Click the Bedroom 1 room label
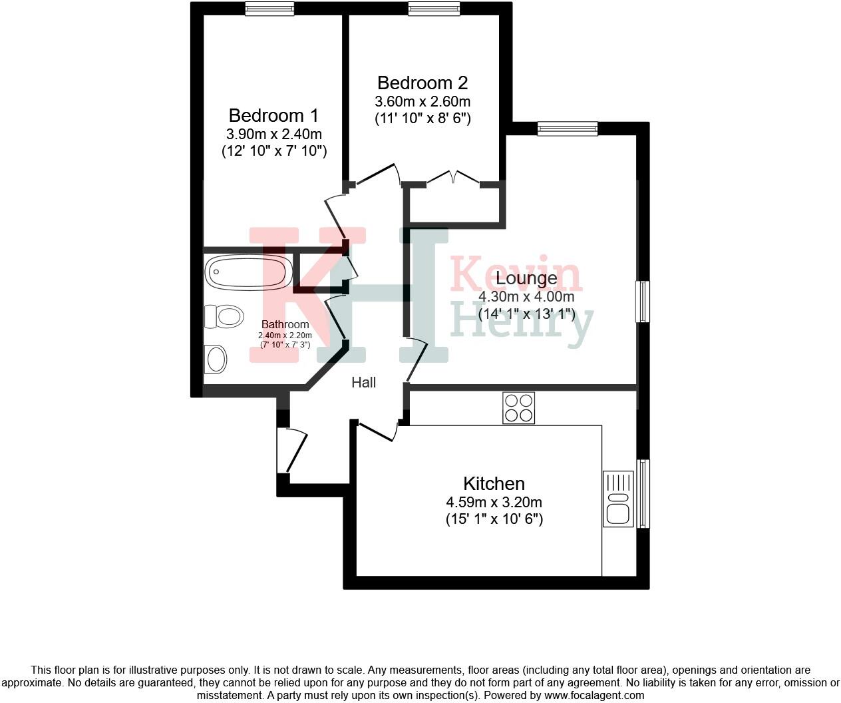[x=273, y=115]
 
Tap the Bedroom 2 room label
[x=422, y=83]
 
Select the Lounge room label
[x=526, y=278]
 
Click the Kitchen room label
[x=494, y=483]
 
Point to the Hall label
[x=363, y=382]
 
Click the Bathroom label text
[x=285, y=325]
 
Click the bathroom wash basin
[x=216, y=359]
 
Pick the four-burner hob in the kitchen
[x=518, y=408]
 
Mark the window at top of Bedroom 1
[x=269, y=9]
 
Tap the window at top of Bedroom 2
[x=433, y=9]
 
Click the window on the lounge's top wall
[x=567, y=128]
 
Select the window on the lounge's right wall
[x=643, y=302]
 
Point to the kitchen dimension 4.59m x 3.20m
[x=494, y=502]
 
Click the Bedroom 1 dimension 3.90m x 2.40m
[x=273, y=134]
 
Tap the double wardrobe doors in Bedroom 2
[x=452, y=178]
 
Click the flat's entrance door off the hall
[x=293, y=450]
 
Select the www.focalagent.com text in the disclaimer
[x=594, y=696]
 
